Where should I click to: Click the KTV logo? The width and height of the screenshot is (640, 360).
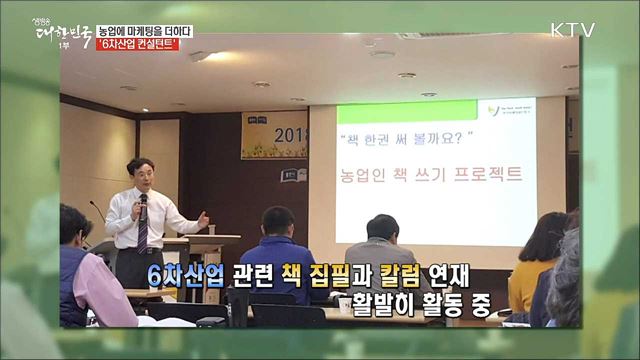click(x=573, y=30)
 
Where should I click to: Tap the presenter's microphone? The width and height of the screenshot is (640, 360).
click(x=142, y=202)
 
